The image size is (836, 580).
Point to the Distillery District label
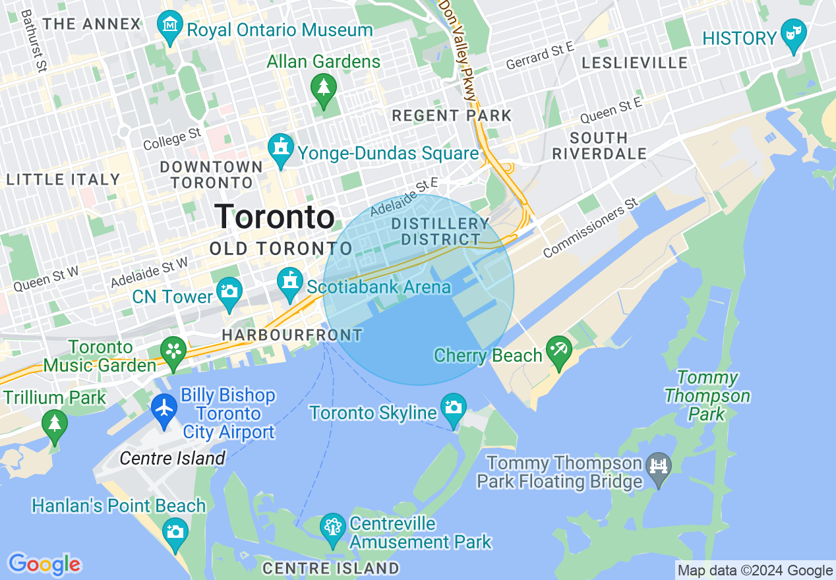coord(440,232)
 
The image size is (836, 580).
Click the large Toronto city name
coord(274,217)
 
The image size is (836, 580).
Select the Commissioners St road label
coord(591,234)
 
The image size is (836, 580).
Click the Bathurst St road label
coord(35,40)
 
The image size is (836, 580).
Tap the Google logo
coord(44,564)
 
